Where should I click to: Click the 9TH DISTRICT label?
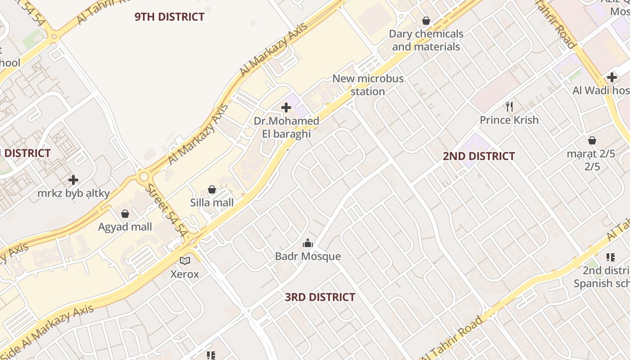(170, 17)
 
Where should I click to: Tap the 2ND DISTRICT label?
(479, 156)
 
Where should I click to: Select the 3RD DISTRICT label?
(320, 297)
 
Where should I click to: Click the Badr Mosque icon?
(308, 243)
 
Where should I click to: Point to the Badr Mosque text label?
(308, 256)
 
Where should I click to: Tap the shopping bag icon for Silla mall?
(212, 189)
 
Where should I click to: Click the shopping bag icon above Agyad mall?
(125, 214)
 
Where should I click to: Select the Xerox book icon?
(185, 261)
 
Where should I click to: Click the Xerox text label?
(184, 274)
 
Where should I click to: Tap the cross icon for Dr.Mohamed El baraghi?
(286, 108)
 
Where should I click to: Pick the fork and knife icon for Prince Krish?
(509, 107)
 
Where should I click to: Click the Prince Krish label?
(509, 120)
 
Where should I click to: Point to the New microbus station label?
(368, 85)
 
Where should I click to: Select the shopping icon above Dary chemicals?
(426, 21)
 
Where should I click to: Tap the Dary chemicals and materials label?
(426, 40)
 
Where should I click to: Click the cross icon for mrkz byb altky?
(73, 180)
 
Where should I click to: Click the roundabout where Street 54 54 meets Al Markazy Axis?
(144, 176)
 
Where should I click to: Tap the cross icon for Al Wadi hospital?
(612, 77)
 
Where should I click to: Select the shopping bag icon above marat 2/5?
(592, 140)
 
